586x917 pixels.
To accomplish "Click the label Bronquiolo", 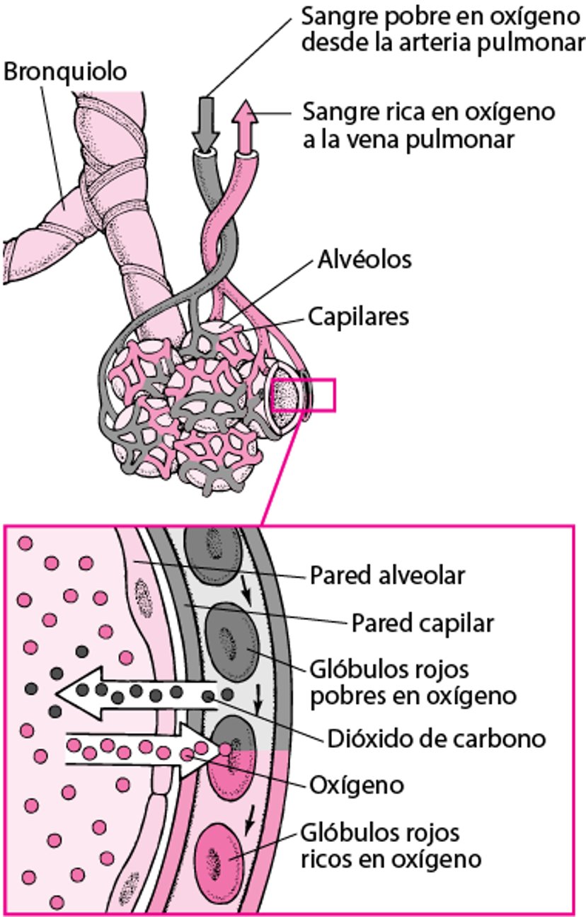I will (65, 71).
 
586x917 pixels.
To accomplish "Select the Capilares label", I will (358, 316).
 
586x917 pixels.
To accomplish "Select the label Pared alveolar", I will (387, 575).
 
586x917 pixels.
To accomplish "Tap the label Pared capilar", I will (422, 623).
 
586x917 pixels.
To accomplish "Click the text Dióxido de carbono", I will (437, 739).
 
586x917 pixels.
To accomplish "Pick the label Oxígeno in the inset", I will (357, 785).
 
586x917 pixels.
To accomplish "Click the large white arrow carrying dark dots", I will (134, 692).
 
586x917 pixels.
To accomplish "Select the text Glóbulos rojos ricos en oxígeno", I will (391, 846).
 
